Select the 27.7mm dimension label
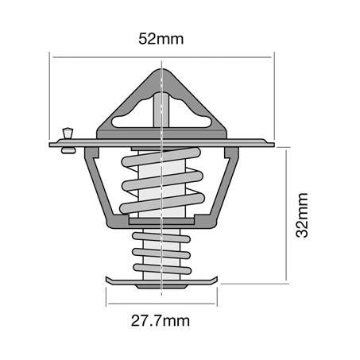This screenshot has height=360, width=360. click(x=161, y=321)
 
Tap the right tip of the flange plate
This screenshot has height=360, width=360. click(x=271, y=145)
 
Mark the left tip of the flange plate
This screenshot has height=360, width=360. click(x=52, y=145)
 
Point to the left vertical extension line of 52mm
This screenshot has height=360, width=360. click(x=51, y=95)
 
